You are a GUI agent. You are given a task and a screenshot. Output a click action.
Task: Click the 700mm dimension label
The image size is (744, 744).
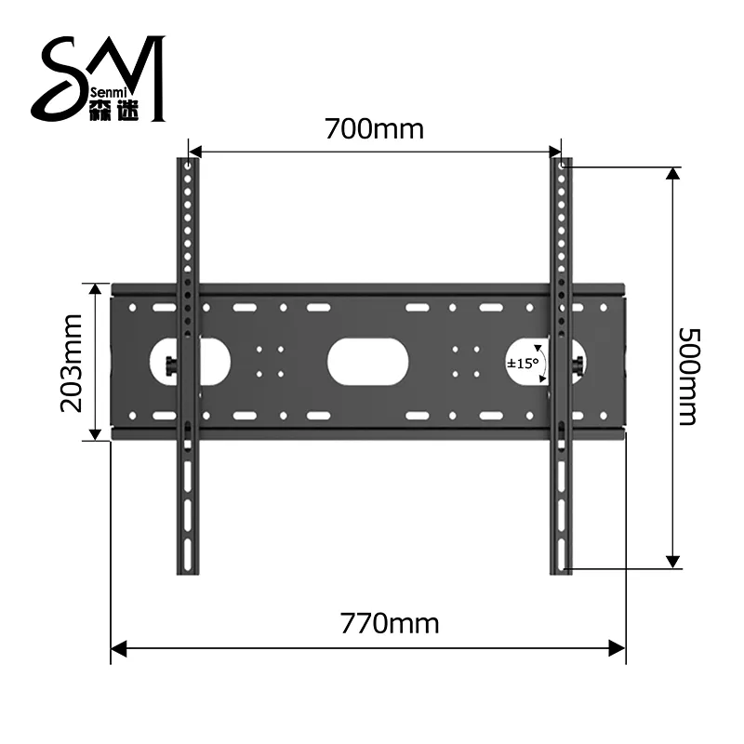[x=374, y=127]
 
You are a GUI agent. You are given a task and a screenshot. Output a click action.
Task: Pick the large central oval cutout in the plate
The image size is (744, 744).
[x=369, y=363]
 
